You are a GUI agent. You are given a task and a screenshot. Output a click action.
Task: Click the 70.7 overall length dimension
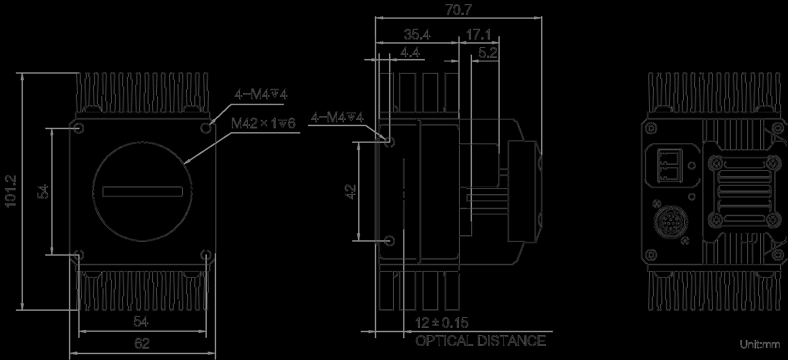pyautogui.click(x=459, y=10)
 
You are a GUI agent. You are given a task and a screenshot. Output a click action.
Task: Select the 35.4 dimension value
pyautogui.click(x=417, y=35)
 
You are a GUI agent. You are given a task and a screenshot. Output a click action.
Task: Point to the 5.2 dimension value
pyautogui.click(x=488, y=54)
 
